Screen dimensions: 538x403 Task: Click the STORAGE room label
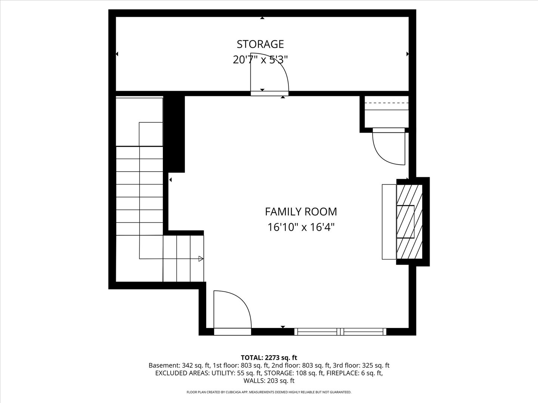click(x=260, y=44)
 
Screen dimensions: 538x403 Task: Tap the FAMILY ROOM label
click(x=301, y=212)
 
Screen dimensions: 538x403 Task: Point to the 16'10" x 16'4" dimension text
click(x=301, y=227)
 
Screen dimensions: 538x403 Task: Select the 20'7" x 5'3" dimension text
click(x=260, y=59)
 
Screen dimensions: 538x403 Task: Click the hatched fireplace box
click(x=409, y=222)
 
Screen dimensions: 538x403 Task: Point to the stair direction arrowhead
click(x=201, y=259)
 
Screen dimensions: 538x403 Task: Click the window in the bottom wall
click(x=340, y=332)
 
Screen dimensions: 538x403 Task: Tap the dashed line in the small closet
click(x=387, y=103)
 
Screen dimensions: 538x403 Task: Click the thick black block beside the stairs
click(x=174, y=134)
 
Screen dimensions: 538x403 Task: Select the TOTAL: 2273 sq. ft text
click(x=269, y=358)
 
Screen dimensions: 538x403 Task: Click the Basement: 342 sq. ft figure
click(x=179, y=365)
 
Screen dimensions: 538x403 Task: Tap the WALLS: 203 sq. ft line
click(x=269, y=381)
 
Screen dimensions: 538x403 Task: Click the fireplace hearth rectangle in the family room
click(x=389, y=222)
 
